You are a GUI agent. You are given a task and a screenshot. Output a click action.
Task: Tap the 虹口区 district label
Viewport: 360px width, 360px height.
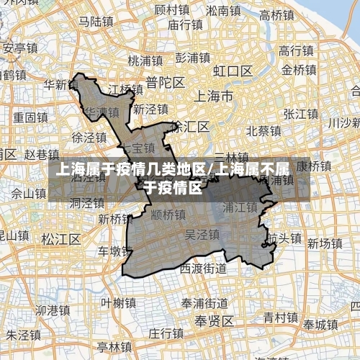pyautogui.click(x=231, y=71)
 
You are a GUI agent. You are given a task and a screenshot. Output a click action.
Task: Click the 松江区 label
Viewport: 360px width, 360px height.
pyautogui.click(x=58, y=238)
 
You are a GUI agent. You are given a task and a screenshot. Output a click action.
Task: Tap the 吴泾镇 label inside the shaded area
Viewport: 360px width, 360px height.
pyautogui.click(x=202, y=235)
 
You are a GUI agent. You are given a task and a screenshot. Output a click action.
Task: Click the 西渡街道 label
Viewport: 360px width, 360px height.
pyautogui.click(x=203, y=269)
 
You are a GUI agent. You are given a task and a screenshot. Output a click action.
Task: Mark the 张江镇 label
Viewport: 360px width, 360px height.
pyautogui.click(x=300, y=114)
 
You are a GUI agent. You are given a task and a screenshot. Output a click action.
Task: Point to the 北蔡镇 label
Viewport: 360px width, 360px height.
pyautogui.click(x=263, y=131)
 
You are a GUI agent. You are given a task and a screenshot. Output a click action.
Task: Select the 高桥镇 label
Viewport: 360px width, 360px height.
pyautogui.click(x=276, y=14)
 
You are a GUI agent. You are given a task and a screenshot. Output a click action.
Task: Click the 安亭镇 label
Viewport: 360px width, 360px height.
pyautogui.click(x=20, y=49)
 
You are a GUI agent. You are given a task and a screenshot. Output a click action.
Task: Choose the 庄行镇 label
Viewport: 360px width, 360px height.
pyautogui.click(x=166, y=333)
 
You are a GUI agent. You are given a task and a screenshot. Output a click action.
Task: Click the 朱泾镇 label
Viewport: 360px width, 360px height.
pyautogui.click(x=23, y=335)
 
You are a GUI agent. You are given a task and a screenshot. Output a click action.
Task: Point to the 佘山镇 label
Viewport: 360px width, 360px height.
pyautogui.click(x=29, y=192)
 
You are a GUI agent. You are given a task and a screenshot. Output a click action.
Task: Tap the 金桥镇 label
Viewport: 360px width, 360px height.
pyautogui.click(x=298, y=70)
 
